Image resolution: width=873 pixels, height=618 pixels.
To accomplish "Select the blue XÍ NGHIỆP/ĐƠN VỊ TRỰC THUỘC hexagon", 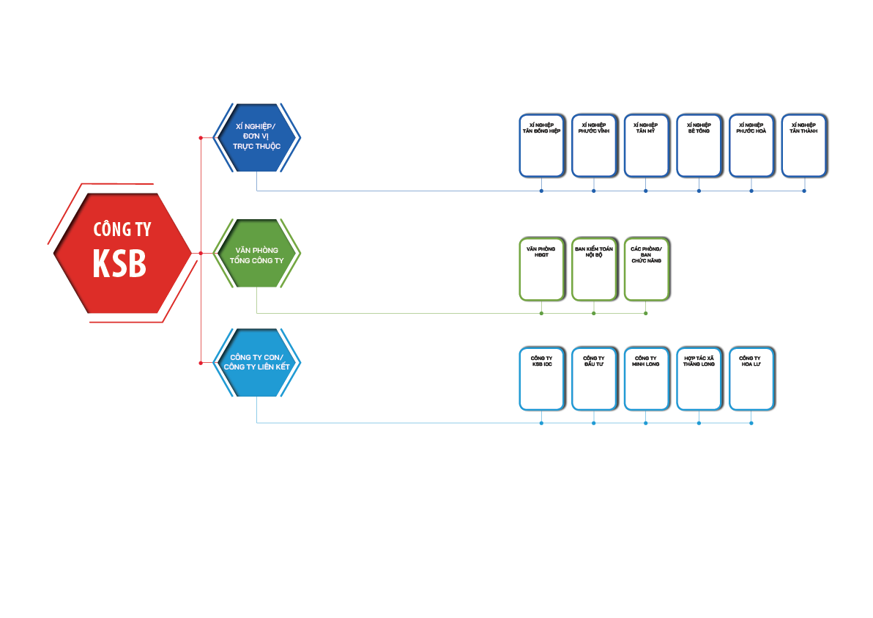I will point(256,137).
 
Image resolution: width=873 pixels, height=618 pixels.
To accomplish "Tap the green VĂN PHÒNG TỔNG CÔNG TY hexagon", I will point(256,253).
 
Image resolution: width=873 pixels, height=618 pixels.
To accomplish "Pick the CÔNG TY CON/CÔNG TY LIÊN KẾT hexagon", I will point(256,363).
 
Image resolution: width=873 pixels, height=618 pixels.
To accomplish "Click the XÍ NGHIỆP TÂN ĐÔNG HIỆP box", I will point(541,145).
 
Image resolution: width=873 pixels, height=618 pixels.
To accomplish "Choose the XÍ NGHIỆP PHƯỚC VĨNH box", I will point(594,145).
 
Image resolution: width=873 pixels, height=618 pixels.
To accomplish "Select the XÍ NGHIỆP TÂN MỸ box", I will point(646,145).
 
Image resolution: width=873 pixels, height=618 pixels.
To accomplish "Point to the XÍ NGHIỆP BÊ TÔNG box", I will point(699,145).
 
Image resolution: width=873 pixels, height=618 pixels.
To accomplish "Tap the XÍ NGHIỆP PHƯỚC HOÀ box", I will point(751,145).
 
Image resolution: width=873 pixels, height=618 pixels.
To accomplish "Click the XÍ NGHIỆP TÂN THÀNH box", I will point(803,145).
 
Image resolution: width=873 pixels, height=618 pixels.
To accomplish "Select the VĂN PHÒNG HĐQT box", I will point(541,268).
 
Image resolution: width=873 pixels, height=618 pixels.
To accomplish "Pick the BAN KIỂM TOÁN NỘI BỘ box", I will point(594,268).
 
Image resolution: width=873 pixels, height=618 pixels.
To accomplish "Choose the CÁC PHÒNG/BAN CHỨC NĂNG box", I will point(646,268).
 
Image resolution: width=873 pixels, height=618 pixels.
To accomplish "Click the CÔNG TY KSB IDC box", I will point(541,378).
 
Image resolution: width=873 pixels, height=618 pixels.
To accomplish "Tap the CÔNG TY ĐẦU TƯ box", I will point(594,378).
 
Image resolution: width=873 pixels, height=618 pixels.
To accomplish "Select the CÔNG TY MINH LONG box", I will point(646,378).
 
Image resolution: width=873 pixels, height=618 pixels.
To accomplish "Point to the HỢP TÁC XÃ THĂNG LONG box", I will point(699,378).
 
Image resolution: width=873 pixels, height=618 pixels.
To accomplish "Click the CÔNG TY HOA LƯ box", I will point(751,378).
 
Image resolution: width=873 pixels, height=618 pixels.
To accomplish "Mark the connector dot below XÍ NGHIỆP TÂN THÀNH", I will point(804,191).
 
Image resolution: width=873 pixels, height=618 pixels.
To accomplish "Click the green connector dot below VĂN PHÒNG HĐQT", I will point(541,313).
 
